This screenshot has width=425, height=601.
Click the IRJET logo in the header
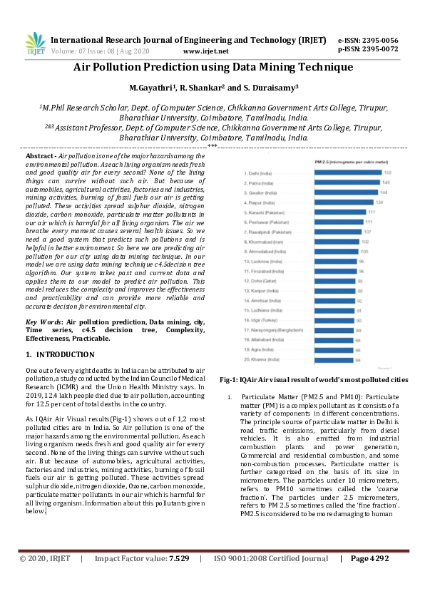click(34, 44)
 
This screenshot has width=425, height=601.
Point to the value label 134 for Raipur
click(379, 202)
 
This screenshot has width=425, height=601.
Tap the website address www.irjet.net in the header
click(205, 51)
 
